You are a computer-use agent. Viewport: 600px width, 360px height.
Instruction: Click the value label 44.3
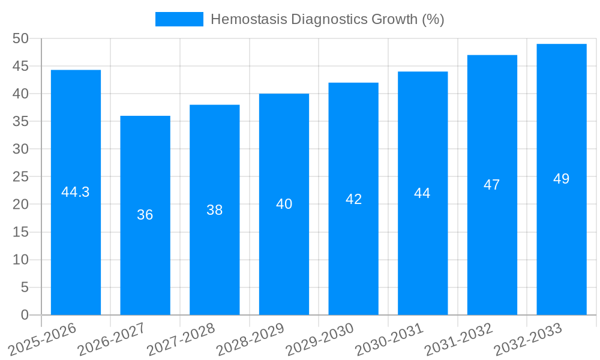click(76, 192)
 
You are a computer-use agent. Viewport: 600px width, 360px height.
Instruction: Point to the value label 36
click(145, 215)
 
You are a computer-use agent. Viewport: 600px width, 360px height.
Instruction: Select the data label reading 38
click(215, 210)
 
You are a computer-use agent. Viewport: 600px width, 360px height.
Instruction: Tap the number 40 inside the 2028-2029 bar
click(284, 204)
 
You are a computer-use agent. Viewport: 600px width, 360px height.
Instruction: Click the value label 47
click(492, 185)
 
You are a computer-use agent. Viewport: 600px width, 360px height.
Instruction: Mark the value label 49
click(562, 179)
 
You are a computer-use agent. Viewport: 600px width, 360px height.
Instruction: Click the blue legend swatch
click(179, 19)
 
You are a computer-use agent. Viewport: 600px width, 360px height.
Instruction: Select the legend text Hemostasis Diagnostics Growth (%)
click(328, 19)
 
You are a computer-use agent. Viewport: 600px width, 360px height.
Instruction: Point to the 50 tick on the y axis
click(21, 38)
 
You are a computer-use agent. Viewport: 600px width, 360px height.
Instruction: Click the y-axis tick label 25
click(21, 176)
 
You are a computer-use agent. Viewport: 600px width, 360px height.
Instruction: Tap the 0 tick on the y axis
click(25, 315)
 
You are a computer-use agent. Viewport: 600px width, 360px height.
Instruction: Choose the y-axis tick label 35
click(21, 121)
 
